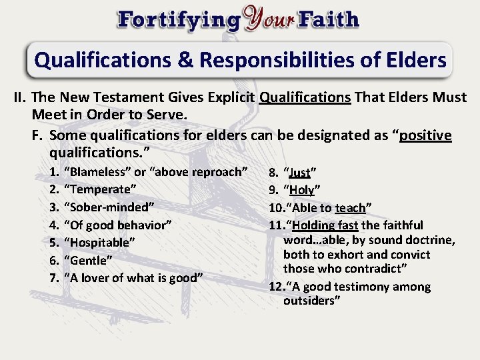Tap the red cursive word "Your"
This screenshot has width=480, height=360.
269,19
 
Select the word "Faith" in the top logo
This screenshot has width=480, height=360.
329,19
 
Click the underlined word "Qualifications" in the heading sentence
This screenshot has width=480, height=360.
305,97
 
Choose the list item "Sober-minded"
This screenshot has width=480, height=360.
109,205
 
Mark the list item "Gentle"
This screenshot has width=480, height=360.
88,259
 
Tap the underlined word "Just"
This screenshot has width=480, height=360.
300,173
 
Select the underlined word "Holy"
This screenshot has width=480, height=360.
301,189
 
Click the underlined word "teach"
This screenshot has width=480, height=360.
351,208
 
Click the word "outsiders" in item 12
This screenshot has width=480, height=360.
311,301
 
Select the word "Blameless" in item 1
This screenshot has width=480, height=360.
95,172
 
